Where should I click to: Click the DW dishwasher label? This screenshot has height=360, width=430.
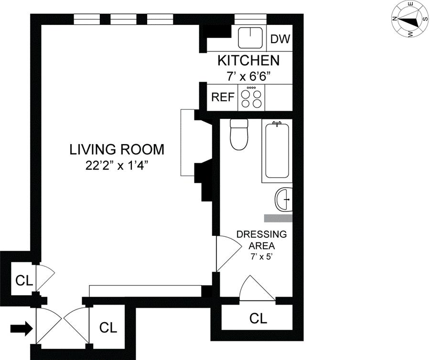[x=280, y=39]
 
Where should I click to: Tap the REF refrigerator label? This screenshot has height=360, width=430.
[x=223, y=97]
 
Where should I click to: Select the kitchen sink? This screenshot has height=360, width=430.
[x=250, y=38]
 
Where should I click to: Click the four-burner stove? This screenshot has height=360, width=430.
[x=251, y=98]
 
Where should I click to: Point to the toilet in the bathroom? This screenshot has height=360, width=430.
[x=239, y=134]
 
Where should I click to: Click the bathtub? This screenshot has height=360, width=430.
[x=277, y=151]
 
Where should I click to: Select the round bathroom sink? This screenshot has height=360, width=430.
[x=283, y=200]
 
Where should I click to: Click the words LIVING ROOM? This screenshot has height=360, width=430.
[x=117, y=149]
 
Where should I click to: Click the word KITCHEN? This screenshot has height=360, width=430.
[x=248, y=61]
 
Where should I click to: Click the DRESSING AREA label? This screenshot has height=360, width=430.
[x=262, y=240]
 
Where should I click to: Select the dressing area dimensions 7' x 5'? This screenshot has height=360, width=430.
[x=261, y=257]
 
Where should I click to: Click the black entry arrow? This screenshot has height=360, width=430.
[x=21, y=328]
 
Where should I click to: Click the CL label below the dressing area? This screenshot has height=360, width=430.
[x=258, y=318]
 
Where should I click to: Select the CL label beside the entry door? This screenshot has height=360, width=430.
[x=108, y=327]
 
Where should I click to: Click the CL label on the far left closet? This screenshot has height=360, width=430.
[x=24, y=281]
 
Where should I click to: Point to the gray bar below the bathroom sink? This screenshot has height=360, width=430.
[x=278, y=218]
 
